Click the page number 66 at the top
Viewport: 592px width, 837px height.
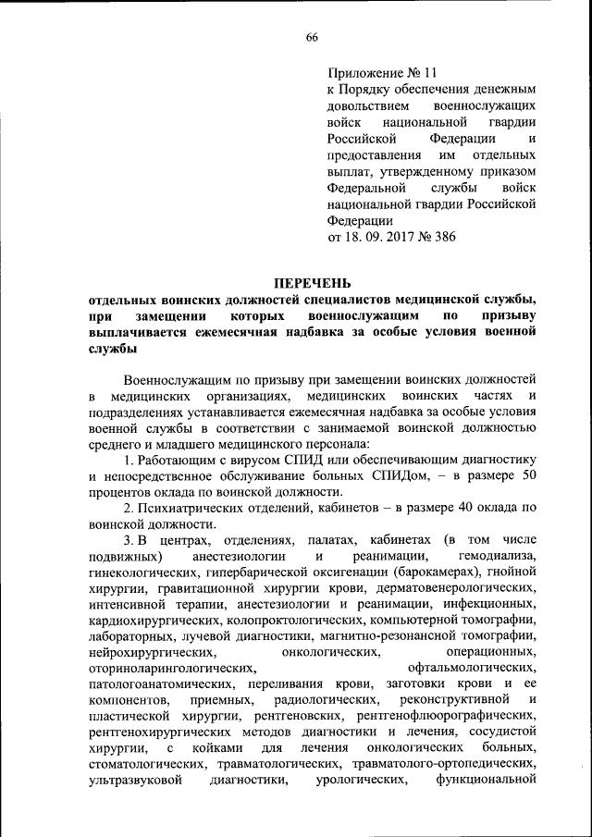(312, 37)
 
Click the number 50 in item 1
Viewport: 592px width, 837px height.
(528, 474)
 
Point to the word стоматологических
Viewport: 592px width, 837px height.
(149, 765)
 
